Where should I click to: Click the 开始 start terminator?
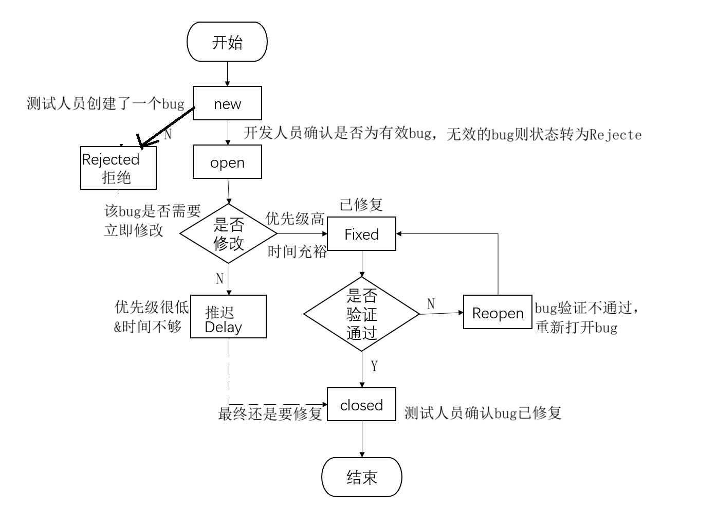[227, 42]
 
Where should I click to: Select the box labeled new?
[227, 103]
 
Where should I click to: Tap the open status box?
[227, 162]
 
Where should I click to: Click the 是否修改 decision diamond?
[228, 233]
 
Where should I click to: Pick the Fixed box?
[361, 234]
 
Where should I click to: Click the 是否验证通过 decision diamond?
[361, 314]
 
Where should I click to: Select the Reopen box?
[498, 313]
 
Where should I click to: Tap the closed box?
[361, 405]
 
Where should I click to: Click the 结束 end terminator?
[361, 477]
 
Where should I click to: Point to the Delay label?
[224, 327]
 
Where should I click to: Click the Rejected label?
[111, 159]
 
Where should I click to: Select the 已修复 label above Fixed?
[361, 204]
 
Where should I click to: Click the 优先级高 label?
[295, 219]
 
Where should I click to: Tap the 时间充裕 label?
[297, 251]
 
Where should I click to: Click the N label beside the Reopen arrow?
[431, 304]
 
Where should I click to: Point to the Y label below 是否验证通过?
[374, 366]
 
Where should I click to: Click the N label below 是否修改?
[219, 279]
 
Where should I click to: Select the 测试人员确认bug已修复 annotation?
[482, 413]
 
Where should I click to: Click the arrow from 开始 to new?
[227, 74]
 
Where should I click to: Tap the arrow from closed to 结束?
[362, 439]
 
